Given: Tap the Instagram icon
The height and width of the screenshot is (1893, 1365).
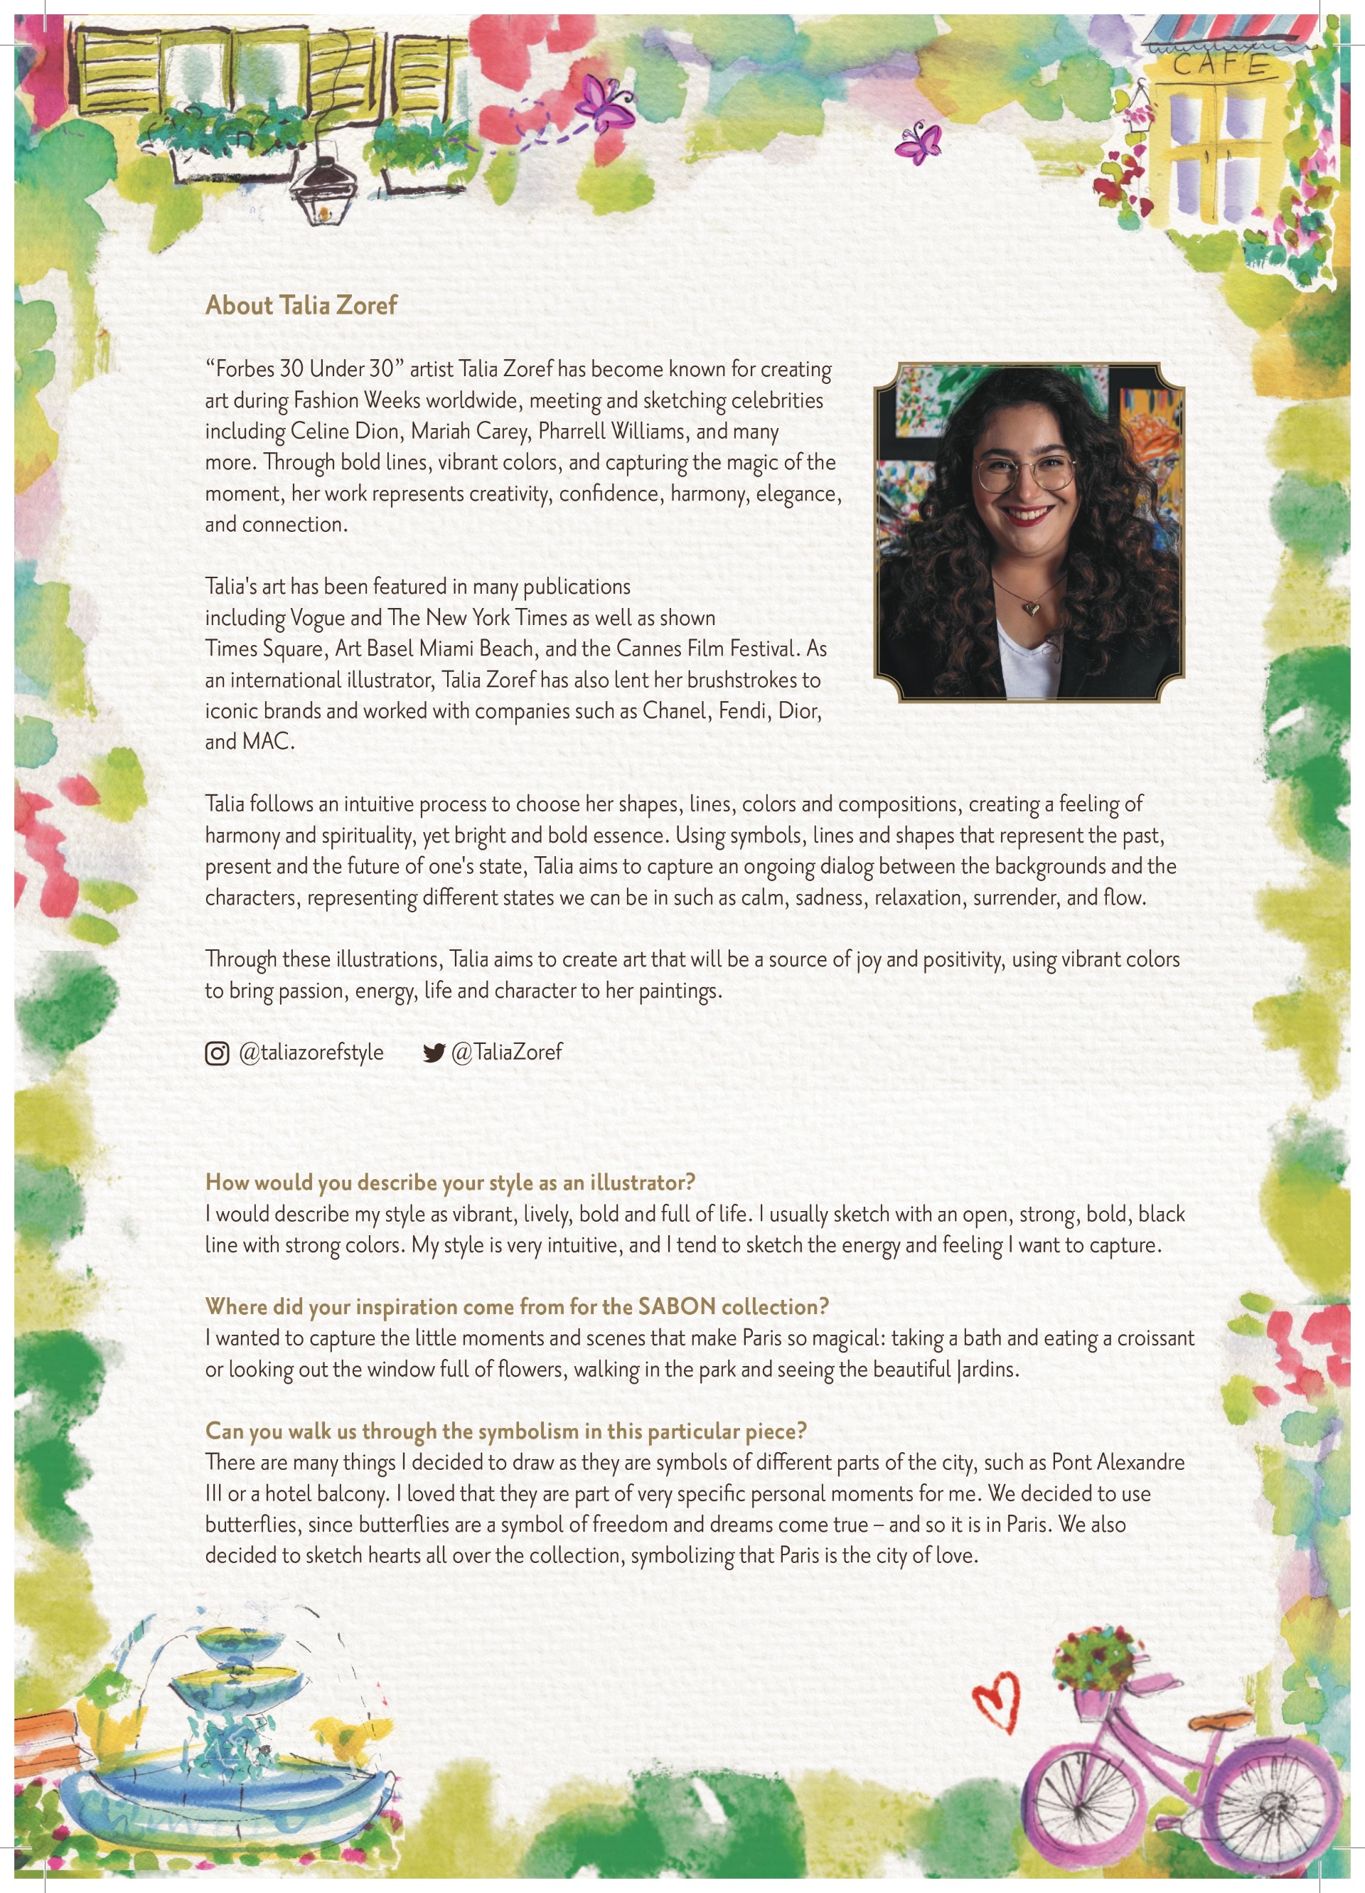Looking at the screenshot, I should click(x=217, y=1053).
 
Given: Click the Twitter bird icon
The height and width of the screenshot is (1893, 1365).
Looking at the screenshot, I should click(x=434, y=1053).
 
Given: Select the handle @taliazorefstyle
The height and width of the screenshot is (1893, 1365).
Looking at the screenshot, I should click(x=311, y=1052).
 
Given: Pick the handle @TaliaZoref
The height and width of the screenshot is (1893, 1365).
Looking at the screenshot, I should click(x=506, y=1052).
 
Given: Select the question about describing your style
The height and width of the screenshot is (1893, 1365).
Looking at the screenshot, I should click(x=451, y=1183).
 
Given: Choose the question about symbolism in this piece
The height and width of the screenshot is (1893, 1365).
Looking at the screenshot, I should click(x=505, y=1431).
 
